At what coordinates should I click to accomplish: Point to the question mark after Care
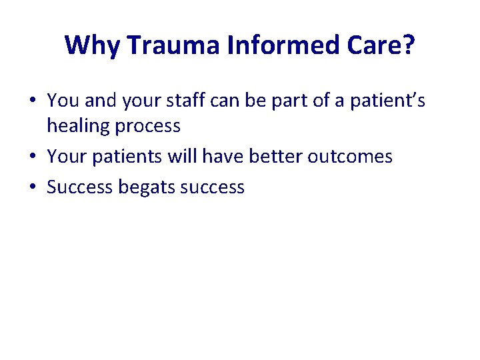408,45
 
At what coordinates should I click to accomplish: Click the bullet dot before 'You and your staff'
33,101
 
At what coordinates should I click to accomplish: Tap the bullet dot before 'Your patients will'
33,157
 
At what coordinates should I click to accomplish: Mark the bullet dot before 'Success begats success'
33,187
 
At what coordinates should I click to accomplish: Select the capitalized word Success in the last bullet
80,187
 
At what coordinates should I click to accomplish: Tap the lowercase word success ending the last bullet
212,187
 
